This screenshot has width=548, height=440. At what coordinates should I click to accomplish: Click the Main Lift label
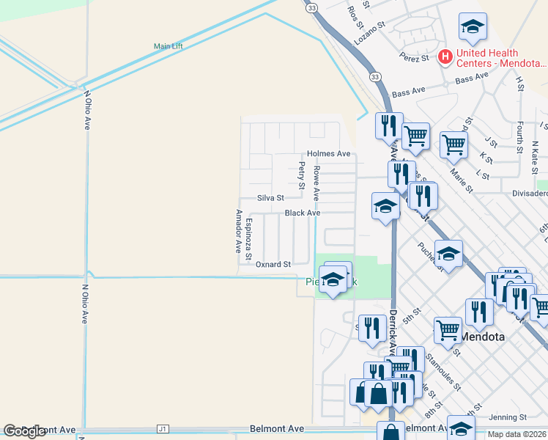coord(168,46)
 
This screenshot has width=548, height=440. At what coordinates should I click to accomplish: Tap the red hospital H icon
coord(445,56)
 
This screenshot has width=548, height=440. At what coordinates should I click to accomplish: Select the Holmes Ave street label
coord(329,153)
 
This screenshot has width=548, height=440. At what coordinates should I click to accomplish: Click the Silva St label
coord(270,198)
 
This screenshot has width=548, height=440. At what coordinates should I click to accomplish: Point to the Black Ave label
coord(303,213)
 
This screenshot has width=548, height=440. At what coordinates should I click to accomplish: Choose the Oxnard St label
coord(273,264)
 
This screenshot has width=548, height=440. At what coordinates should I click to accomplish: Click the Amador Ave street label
coord(238,231)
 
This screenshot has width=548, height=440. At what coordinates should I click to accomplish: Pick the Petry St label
coord(301,176)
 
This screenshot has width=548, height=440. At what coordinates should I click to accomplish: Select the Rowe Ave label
coord(316,183)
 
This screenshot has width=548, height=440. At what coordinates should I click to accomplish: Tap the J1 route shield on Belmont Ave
coord(163,429)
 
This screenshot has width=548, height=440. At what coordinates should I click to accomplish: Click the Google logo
coord(25,431)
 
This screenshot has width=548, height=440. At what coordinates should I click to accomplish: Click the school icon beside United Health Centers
coord(473,28)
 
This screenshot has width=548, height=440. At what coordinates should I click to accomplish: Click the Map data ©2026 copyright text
coord(516,434)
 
